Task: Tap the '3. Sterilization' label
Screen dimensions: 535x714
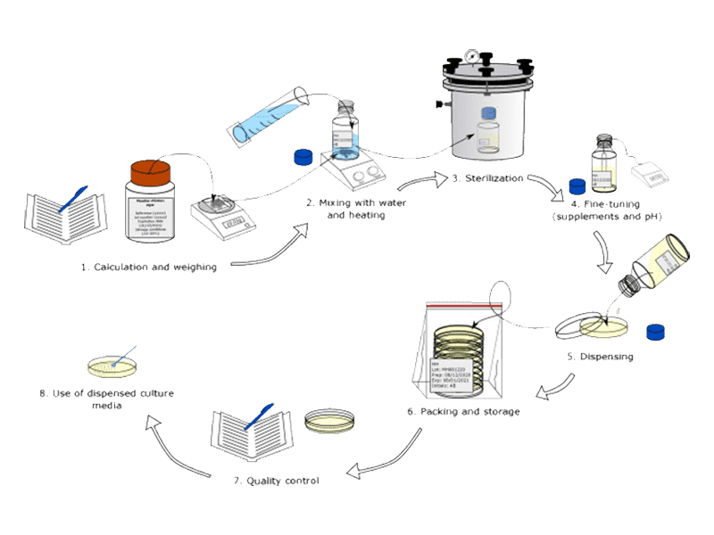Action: pyautogui.click(x=486, y=178)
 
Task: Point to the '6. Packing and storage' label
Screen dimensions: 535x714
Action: pyautogui.click(x=463, y=412)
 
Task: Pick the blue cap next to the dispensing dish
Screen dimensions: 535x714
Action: pyautogui.click(x=657, y=332)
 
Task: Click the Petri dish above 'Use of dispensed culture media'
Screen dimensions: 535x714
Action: pyautogui.click(x=115, y=364)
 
